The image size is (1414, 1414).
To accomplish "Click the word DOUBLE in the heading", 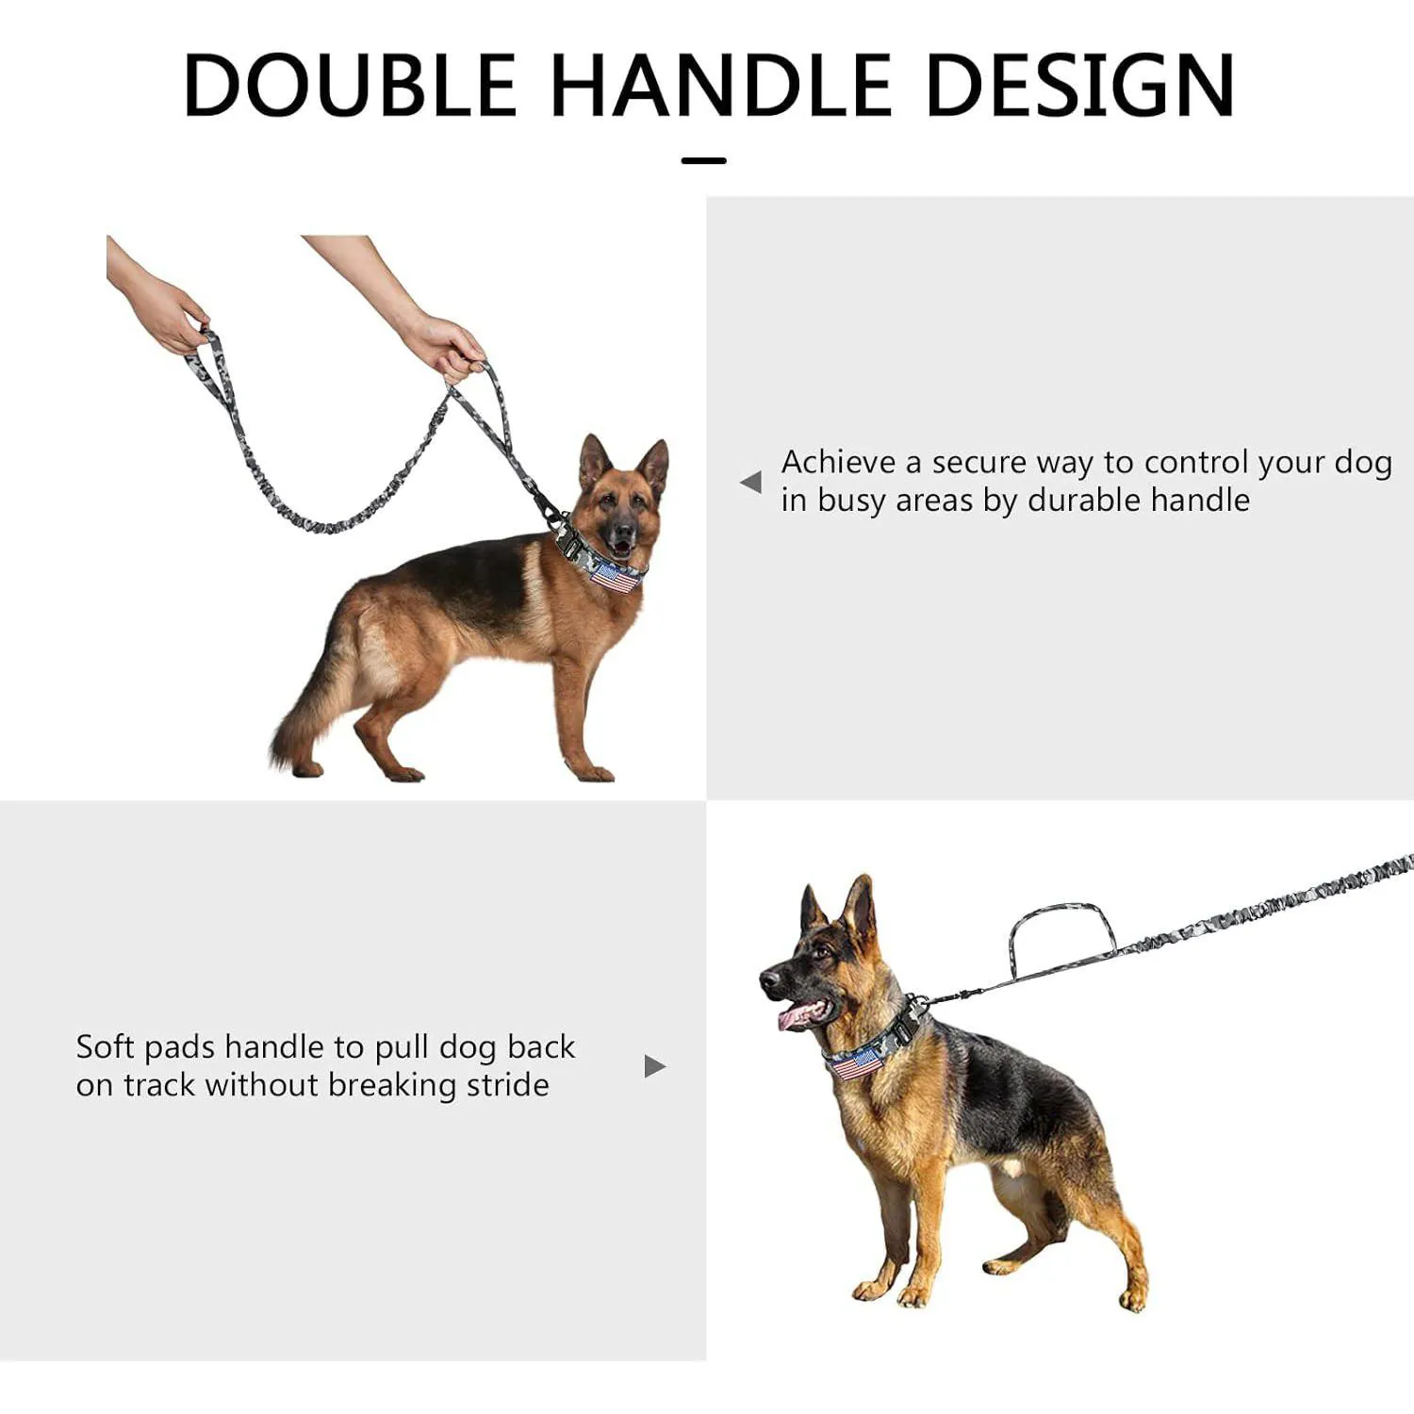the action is (x=350, y=85).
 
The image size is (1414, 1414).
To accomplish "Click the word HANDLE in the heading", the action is (x=721, y=85).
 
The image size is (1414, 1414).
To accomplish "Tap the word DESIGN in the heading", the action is (x=1080, y=85).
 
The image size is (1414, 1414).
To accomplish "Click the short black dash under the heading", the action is (x=704, y=160).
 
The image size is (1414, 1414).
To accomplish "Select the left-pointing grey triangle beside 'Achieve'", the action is (x=751, y=482).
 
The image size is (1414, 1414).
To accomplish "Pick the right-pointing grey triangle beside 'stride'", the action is (x=655, y=1066).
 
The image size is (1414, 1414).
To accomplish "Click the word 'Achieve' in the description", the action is (x=838, y=462).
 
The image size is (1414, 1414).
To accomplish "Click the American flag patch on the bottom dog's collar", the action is (x=856, y=1063).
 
